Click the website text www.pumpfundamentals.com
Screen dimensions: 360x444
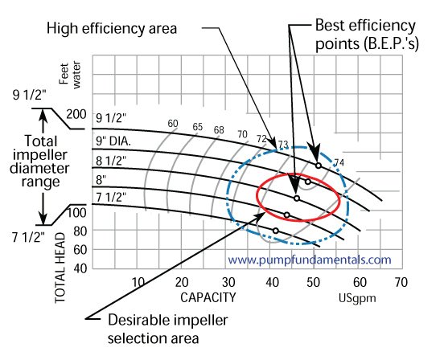[310, 260]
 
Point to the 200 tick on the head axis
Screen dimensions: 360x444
[76, 114]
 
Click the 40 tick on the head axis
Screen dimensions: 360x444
[79, 268]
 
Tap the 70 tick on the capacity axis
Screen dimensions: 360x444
[401, 282]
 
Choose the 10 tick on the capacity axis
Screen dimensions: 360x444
[138, 282]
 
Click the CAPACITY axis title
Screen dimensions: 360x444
[208, 297]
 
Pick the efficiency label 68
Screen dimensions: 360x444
[219, 129]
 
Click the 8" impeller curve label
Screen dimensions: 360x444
[101, 178]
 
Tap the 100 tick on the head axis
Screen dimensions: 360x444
[76, 213]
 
